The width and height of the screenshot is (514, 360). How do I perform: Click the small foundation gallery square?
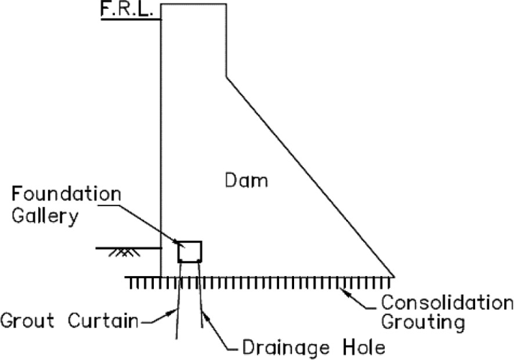point(189,250)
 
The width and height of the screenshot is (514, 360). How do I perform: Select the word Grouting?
point(423,324)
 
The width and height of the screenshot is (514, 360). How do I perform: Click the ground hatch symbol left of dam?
point(119,253)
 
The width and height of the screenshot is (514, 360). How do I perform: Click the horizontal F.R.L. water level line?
point(131,18)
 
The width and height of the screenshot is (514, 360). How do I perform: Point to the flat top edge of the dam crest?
point(194,4)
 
